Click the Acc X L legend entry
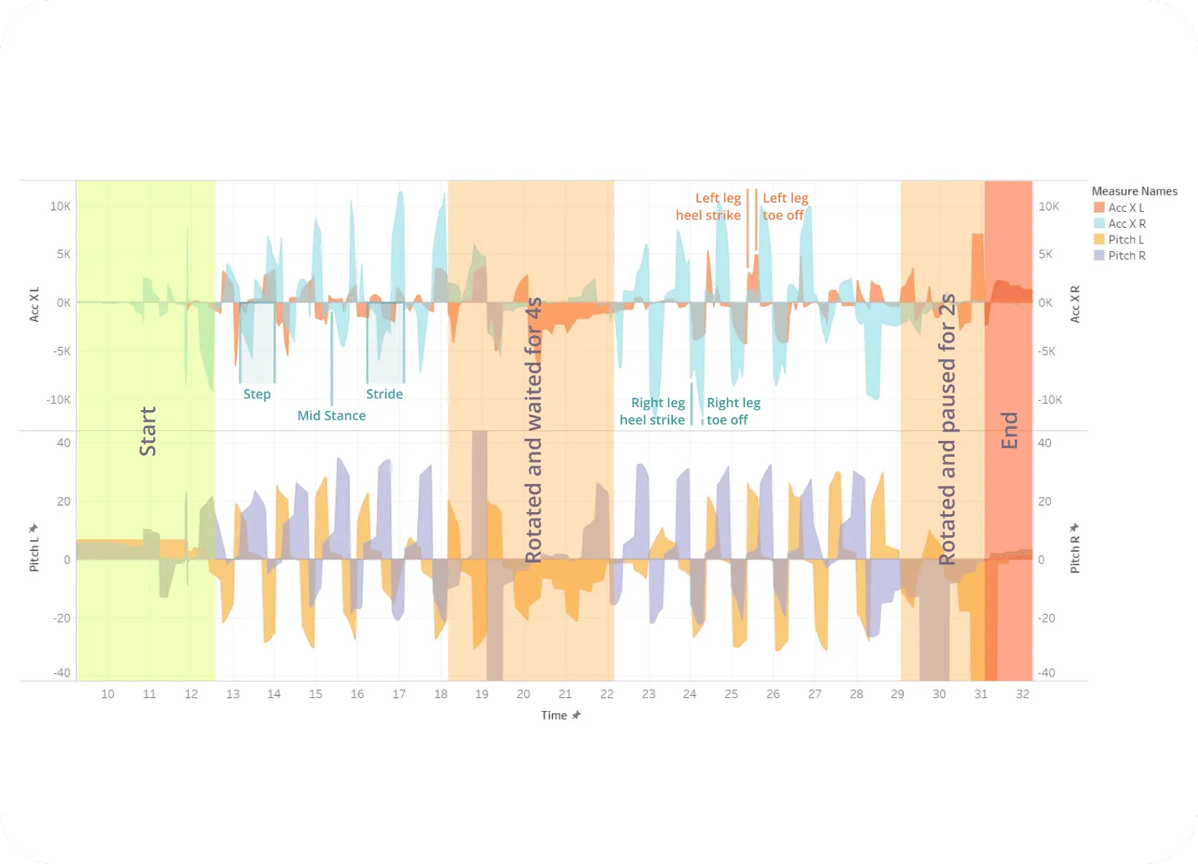pyautogui.click(x=1125, y=208)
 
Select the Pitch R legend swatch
pyautogui.click(x=1099, y=256)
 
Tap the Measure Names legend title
pyautogui.click(x=1134, y=191)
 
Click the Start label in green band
pyautogui.click(x=147, y=431)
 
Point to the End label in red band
pyautogui.click(x=1009, y=430)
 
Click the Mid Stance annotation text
pyautogui.click(x=331, y=415)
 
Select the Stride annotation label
pyautogui.click(x=384, y=394)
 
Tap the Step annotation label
pyautogui.click(x=256, y=394)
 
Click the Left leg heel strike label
pyautogui.click(x=708, y=206)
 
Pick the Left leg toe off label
pyautogui.click(x=785, y=206)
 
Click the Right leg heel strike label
pyautogui.click(x=652, y=411)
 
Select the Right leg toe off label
pyautogui.click(x=733, y=411)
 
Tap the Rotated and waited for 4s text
pyautogui.click(x=533, y=431)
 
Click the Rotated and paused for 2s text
pyautogui.click(x=947, y=429)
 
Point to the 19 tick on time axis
pyautogui.click(x=481, y=694)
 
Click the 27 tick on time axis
pyautogui.click(x=814, y=694)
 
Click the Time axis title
pyautogui.click(x=554, y=715)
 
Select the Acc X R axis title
pyautogui.click(x=1075, y=304)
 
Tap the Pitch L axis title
pyautogui.click(x=34, y=555)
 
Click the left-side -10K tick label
pyautogui.click(x=58, y=399)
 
